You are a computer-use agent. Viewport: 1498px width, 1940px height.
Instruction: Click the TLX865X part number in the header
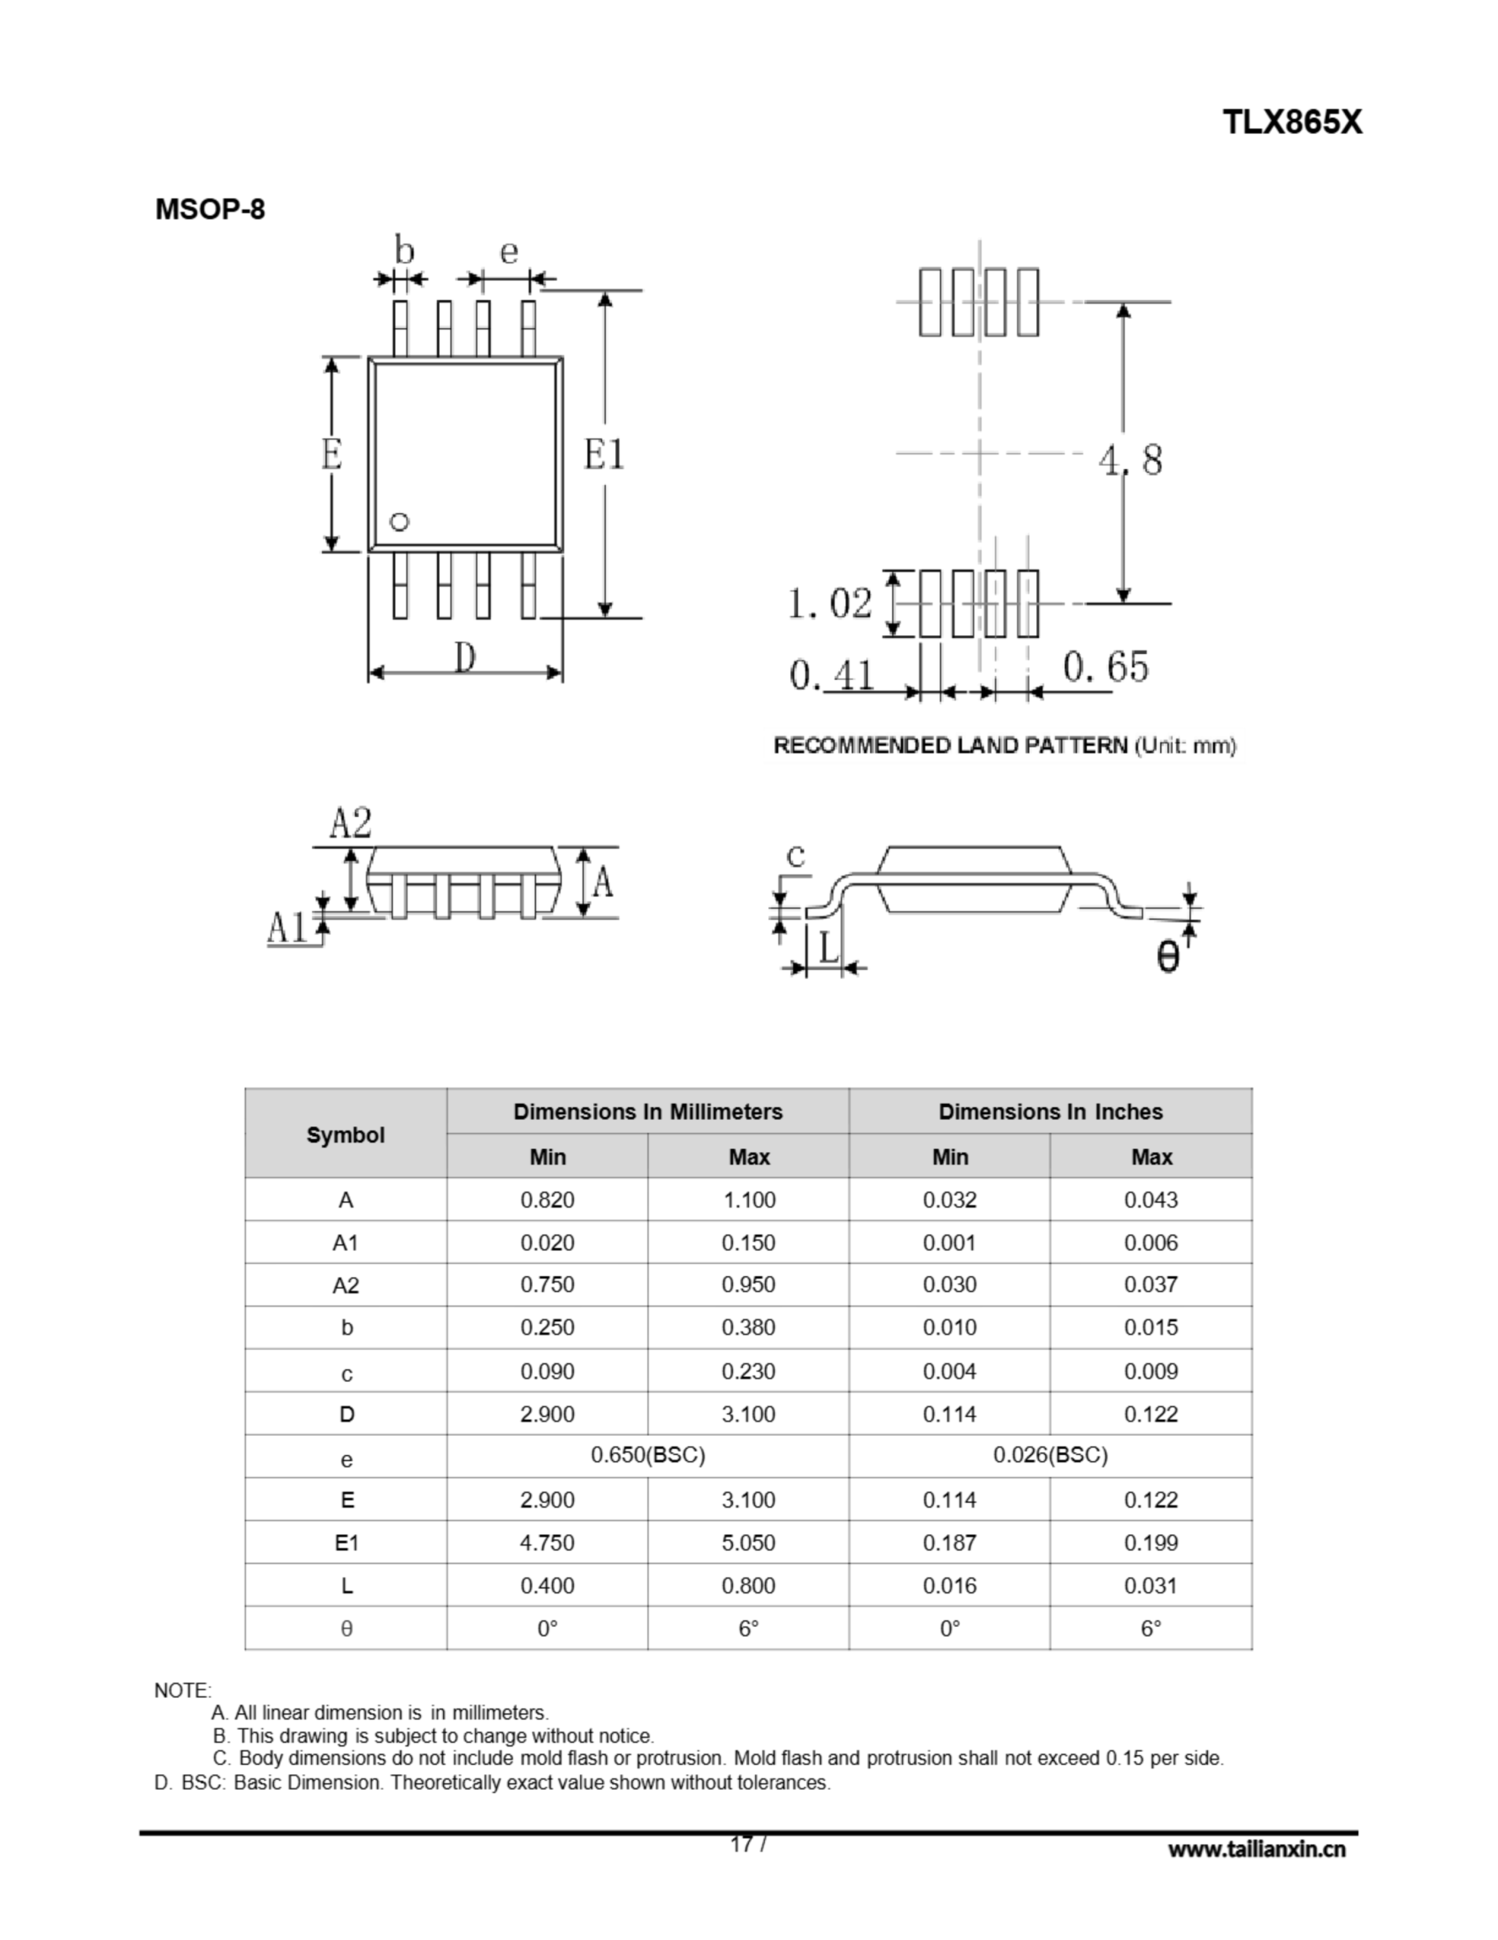(1291, 122)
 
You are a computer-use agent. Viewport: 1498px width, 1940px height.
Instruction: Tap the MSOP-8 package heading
(210, 210)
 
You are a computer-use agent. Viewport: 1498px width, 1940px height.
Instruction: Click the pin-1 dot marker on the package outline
(400, 522)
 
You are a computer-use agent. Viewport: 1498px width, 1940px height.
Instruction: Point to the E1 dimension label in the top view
(604, 455)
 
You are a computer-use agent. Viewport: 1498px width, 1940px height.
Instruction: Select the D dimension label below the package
(465, 659)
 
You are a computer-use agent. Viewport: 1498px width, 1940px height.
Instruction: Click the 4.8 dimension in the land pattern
(1129, 460)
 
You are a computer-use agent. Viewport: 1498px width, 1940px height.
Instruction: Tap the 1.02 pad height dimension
(830, 604)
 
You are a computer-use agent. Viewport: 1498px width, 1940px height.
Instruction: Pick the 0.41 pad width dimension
(832, 675)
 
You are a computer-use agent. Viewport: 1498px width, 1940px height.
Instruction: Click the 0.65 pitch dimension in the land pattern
(1106, 666)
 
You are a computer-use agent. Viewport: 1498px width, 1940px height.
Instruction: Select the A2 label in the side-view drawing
(351, 824)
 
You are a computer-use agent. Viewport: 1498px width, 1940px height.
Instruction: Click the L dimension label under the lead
(828, 949)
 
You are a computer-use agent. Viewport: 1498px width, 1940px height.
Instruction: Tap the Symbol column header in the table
(345, 1134)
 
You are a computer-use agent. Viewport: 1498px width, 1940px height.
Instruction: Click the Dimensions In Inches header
(1050, 1111)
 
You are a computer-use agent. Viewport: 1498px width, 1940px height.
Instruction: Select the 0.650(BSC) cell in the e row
(648, 1455)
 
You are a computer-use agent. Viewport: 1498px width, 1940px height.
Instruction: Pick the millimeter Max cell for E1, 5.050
(747, 1542)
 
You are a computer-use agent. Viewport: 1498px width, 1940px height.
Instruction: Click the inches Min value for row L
(949, 1585)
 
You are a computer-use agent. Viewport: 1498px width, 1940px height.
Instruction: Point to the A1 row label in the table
(345, 1243)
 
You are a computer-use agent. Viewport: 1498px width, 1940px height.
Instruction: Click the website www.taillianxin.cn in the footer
(1256, 1849)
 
